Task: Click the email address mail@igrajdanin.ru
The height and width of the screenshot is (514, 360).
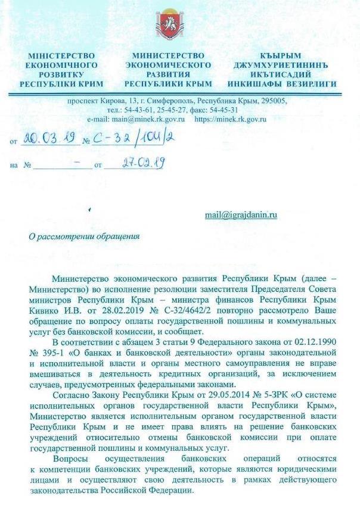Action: click(x=241, y=215)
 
